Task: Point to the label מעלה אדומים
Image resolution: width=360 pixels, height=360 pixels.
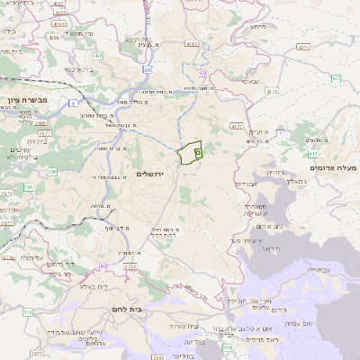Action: pyautogui.click(x=333, y=168)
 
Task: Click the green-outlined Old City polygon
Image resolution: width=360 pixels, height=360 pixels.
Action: pyautogui.click(x=188, y=154)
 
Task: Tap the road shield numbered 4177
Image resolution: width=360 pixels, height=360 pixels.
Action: pyautogui.click(x=237, y=126)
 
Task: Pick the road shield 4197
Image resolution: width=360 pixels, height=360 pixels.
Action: pyautogui.click(x=191, y=43)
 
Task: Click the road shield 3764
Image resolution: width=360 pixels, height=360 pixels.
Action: pyautogui.click(x=130, y=266)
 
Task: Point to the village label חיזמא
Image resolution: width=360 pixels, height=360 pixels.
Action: pyautogui.click(x=258, y=27)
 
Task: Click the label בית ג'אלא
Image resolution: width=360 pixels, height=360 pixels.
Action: pyautogui.click(x=94, y=286)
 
